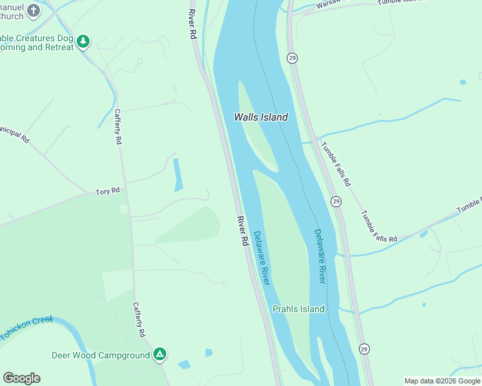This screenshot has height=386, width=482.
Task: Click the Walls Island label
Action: tap(260, 117)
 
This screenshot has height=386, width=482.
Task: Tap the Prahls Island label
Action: tap(298, 309)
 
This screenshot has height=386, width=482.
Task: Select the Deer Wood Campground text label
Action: tap(101, 354)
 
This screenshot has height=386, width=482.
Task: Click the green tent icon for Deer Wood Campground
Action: tap(160, 354)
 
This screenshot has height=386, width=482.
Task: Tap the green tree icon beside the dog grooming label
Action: tap(82, 42)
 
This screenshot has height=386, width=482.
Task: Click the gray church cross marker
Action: tap(34, 10)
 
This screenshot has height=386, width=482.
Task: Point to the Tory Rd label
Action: tap(108, 191)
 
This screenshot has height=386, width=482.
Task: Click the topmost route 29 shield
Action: tap(293, 58)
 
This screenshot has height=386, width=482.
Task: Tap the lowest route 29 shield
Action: tap(364, 348)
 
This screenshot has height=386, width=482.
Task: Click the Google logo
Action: tap(21, 378)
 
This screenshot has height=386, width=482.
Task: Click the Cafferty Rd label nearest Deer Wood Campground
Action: tap(139, 320)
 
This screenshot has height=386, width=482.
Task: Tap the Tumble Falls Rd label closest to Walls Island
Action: tap(336, 164)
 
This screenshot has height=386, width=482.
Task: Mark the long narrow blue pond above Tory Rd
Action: tap(177, 175)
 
